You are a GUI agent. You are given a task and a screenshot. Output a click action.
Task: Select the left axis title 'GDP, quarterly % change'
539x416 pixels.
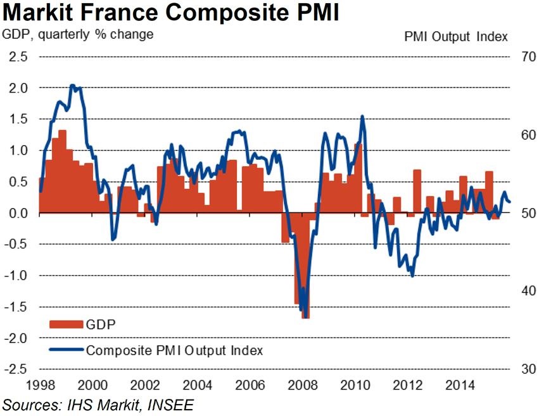(x=79, y=34)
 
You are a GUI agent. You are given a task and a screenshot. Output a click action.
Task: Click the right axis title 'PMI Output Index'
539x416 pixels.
(x=456, y=37)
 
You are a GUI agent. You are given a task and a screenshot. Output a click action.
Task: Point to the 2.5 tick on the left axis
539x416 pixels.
(x=18, y=56)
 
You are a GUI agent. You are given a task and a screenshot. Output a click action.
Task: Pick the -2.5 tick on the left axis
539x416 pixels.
(x=16, y=369)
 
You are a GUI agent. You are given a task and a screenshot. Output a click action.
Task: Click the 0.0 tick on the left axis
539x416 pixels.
(x=18, y=213)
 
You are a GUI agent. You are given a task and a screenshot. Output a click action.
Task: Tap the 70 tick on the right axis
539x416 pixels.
(x=528, y=56)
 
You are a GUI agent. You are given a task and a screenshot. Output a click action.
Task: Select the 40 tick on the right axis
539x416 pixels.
(x=528, y=291)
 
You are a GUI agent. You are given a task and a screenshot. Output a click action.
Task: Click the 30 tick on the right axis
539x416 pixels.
(x=528, y=369)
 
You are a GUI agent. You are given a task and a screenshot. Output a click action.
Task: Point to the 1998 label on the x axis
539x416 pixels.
(x=39, y=384)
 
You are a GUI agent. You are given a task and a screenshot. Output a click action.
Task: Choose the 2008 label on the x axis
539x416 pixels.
(x=303, y=384)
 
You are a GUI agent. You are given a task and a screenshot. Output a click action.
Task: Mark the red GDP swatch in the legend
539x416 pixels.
(x=66, y=325)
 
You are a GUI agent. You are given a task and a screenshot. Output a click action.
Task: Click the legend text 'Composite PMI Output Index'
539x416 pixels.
(x=174, y=349)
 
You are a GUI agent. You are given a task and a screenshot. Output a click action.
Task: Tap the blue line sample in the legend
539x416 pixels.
(x=66, y=349)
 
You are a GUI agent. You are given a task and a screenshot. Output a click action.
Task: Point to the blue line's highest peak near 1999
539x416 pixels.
(x=72, y=86)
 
